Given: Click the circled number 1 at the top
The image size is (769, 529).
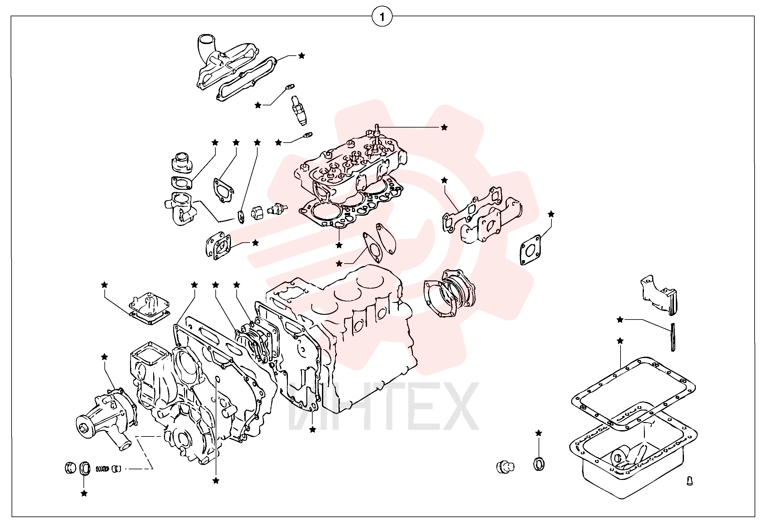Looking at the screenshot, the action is [x=382, y=17].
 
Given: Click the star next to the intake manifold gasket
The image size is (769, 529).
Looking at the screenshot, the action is [x=301, y=56].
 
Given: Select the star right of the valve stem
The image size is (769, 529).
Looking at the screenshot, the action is [x=444, y=127].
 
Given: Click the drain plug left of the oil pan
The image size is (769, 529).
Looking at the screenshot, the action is [x=505, y=467].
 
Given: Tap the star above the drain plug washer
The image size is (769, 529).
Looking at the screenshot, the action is [x=539, y=433].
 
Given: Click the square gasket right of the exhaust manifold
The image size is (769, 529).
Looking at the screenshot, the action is [x=530, y=250].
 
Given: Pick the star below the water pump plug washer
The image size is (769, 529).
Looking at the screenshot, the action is [x=84, y=494].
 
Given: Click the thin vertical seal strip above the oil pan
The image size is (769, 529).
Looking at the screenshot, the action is [x=673, y=337].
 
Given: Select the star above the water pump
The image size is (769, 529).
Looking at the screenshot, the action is [x=104, y=357].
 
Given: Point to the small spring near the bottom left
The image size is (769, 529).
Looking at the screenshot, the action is [x=103, y=469].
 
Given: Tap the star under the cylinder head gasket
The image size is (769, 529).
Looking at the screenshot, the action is [x=339, y=245].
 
